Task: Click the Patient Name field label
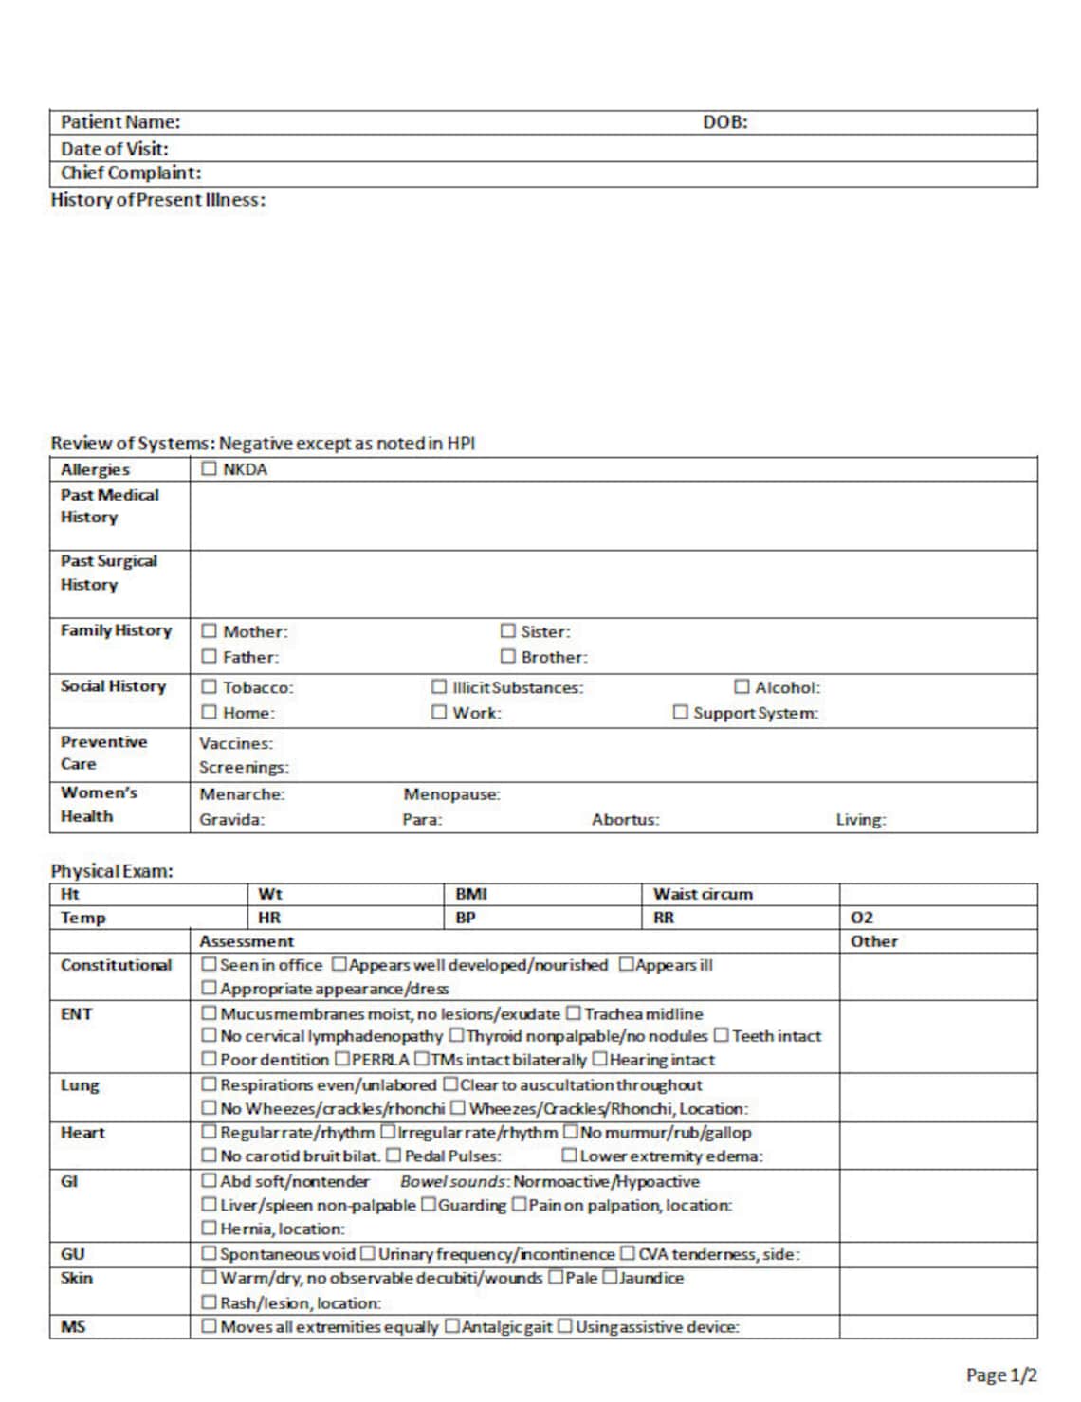(120, 122)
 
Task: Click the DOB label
(724, 122)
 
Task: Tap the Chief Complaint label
(131, 173)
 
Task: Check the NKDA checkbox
(209, 469)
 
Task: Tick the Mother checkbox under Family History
(209, 631)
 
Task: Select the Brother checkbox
(508, 657)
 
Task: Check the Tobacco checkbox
(209, 687)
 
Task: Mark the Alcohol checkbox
(742, 687)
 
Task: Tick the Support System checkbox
(680, 713)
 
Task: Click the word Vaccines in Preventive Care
(236, 744)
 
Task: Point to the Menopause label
(451, 794)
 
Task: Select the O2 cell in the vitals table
(862, 918)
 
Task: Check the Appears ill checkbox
(626, 965)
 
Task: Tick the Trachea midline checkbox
(573, 1014)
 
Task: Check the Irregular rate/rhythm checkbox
(388, 1133)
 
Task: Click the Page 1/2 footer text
(1001, 1375)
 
